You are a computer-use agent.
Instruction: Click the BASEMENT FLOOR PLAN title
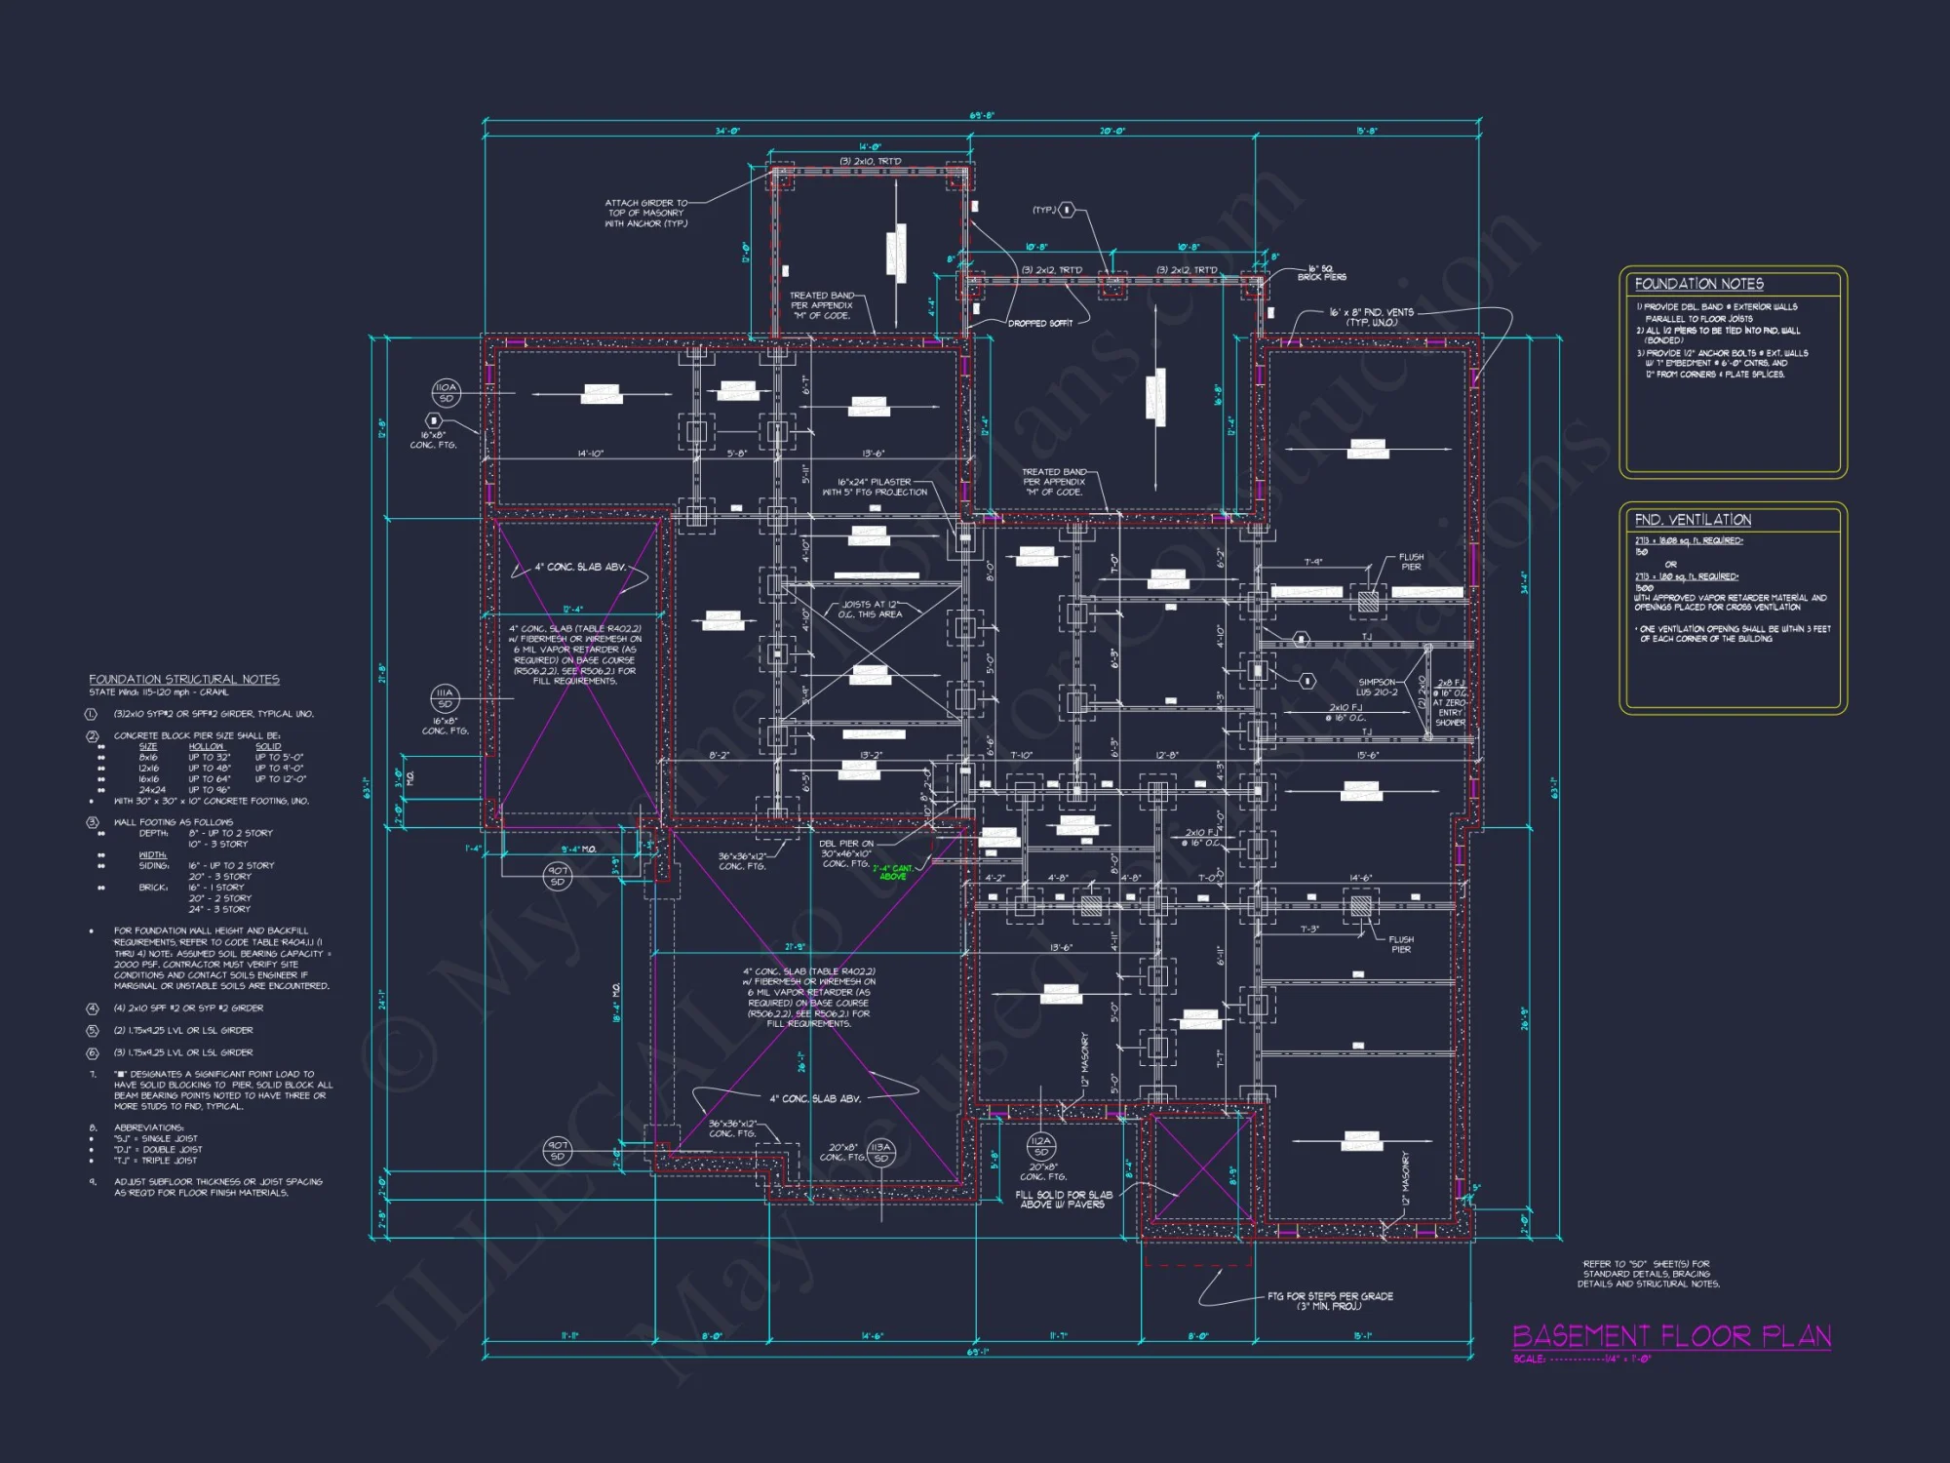coord(1671,1335)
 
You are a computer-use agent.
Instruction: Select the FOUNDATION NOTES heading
coord(1698,284)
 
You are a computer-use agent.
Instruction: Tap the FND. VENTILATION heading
coord(1693,520)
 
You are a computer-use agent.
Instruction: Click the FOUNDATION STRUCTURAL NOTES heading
coord(184,679)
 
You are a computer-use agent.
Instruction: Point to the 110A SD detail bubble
coord(446,392)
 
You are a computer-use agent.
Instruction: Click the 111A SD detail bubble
coord(445,697)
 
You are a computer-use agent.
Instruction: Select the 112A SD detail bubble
coord(1040,1145)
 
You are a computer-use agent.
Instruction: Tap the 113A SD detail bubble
coord(880,1153)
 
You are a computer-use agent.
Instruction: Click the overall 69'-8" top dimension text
coord(982,115)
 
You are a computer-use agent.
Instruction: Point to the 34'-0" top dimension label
coord(727,131)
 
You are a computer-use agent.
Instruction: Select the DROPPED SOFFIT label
coord(1039,323)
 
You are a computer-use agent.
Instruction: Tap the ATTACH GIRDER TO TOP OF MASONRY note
coord(645,213)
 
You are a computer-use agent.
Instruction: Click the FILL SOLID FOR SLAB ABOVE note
coord(1063,1199)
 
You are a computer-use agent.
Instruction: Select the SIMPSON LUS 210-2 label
coord(1377,687)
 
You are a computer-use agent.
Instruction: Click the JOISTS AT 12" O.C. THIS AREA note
coord(872,609)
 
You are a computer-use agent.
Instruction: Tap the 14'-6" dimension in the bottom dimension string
coord(872,1335)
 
